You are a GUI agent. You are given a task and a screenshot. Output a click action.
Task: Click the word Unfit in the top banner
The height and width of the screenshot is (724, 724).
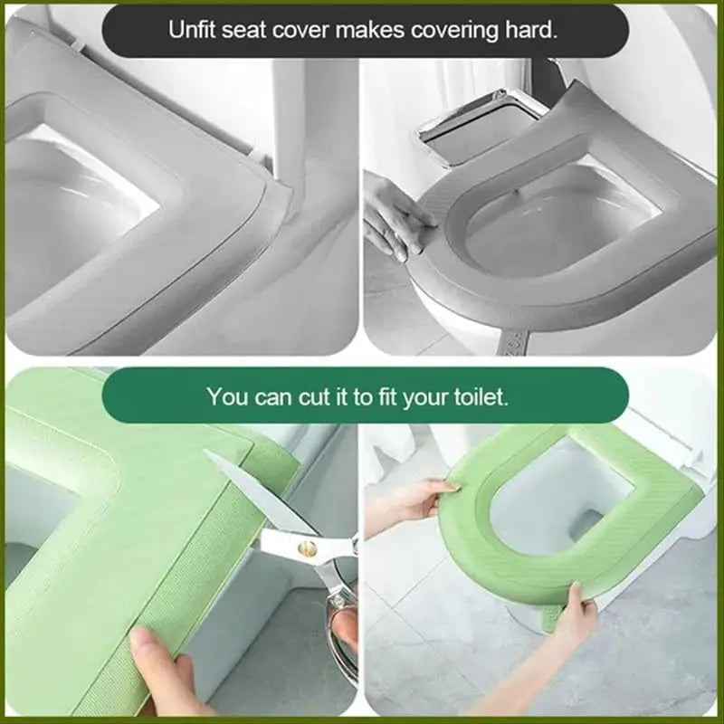click(x=192, y=29)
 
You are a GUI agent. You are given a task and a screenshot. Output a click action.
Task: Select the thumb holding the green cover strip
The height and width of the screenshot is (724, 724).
click(x=158, y=656)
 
